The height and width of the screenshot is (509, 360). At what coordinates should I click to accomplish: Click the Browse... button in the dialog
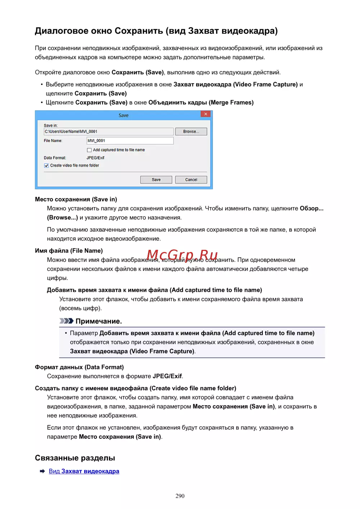point(191,132)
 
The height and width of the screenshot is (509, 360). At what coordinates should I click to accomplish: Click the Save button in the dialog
point(156,180)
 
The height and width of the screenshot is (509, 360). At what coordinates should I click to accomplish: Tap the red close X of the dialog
point(206,114)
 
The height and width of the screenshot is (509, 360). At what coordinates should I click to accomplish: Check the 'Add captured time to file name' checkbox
point(89,150)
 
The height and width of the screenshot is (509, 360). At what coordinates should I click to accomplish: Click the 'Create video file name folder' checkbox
point(46,166)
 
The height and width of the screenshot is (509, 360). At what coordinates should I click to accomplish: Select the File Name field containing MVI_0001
point(130,141)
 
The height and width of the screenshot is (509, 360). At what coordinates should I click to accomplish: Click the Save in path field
point(108,132)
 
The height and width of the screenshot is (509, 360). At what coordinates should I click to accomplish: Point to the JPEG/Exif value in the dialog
point(95,158)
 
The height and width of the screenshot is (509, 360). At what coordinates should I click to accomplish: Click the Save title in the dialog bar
point(123,116)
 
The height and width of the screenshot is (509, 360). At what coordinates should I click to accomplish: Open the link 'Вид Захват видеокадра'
point(84,471)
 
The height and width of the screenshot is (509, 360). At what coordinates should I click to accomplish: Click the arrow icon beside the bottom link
point(42,471)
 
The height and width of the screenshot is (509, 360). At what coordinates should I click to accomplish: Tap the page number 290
point(180,496)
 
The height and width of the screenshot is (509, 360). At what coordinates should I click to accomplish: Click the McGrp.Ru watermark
point(182,255)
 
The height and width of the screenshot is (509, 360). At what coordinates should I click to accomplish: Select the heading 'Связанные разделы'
point(75,458)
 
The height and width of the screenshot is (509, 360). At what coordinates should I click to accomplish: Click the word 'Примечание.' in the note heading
point(99,321)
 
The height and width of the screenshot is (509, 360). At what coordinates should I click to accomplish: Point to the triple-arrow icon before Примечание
point(66,321)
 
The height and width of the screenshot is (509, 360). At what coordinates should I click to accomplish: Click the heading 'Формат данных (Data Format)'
point(79,367)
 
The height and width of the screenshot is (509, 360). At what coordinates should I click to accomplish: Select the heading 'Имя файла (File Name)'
point(69,251)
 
